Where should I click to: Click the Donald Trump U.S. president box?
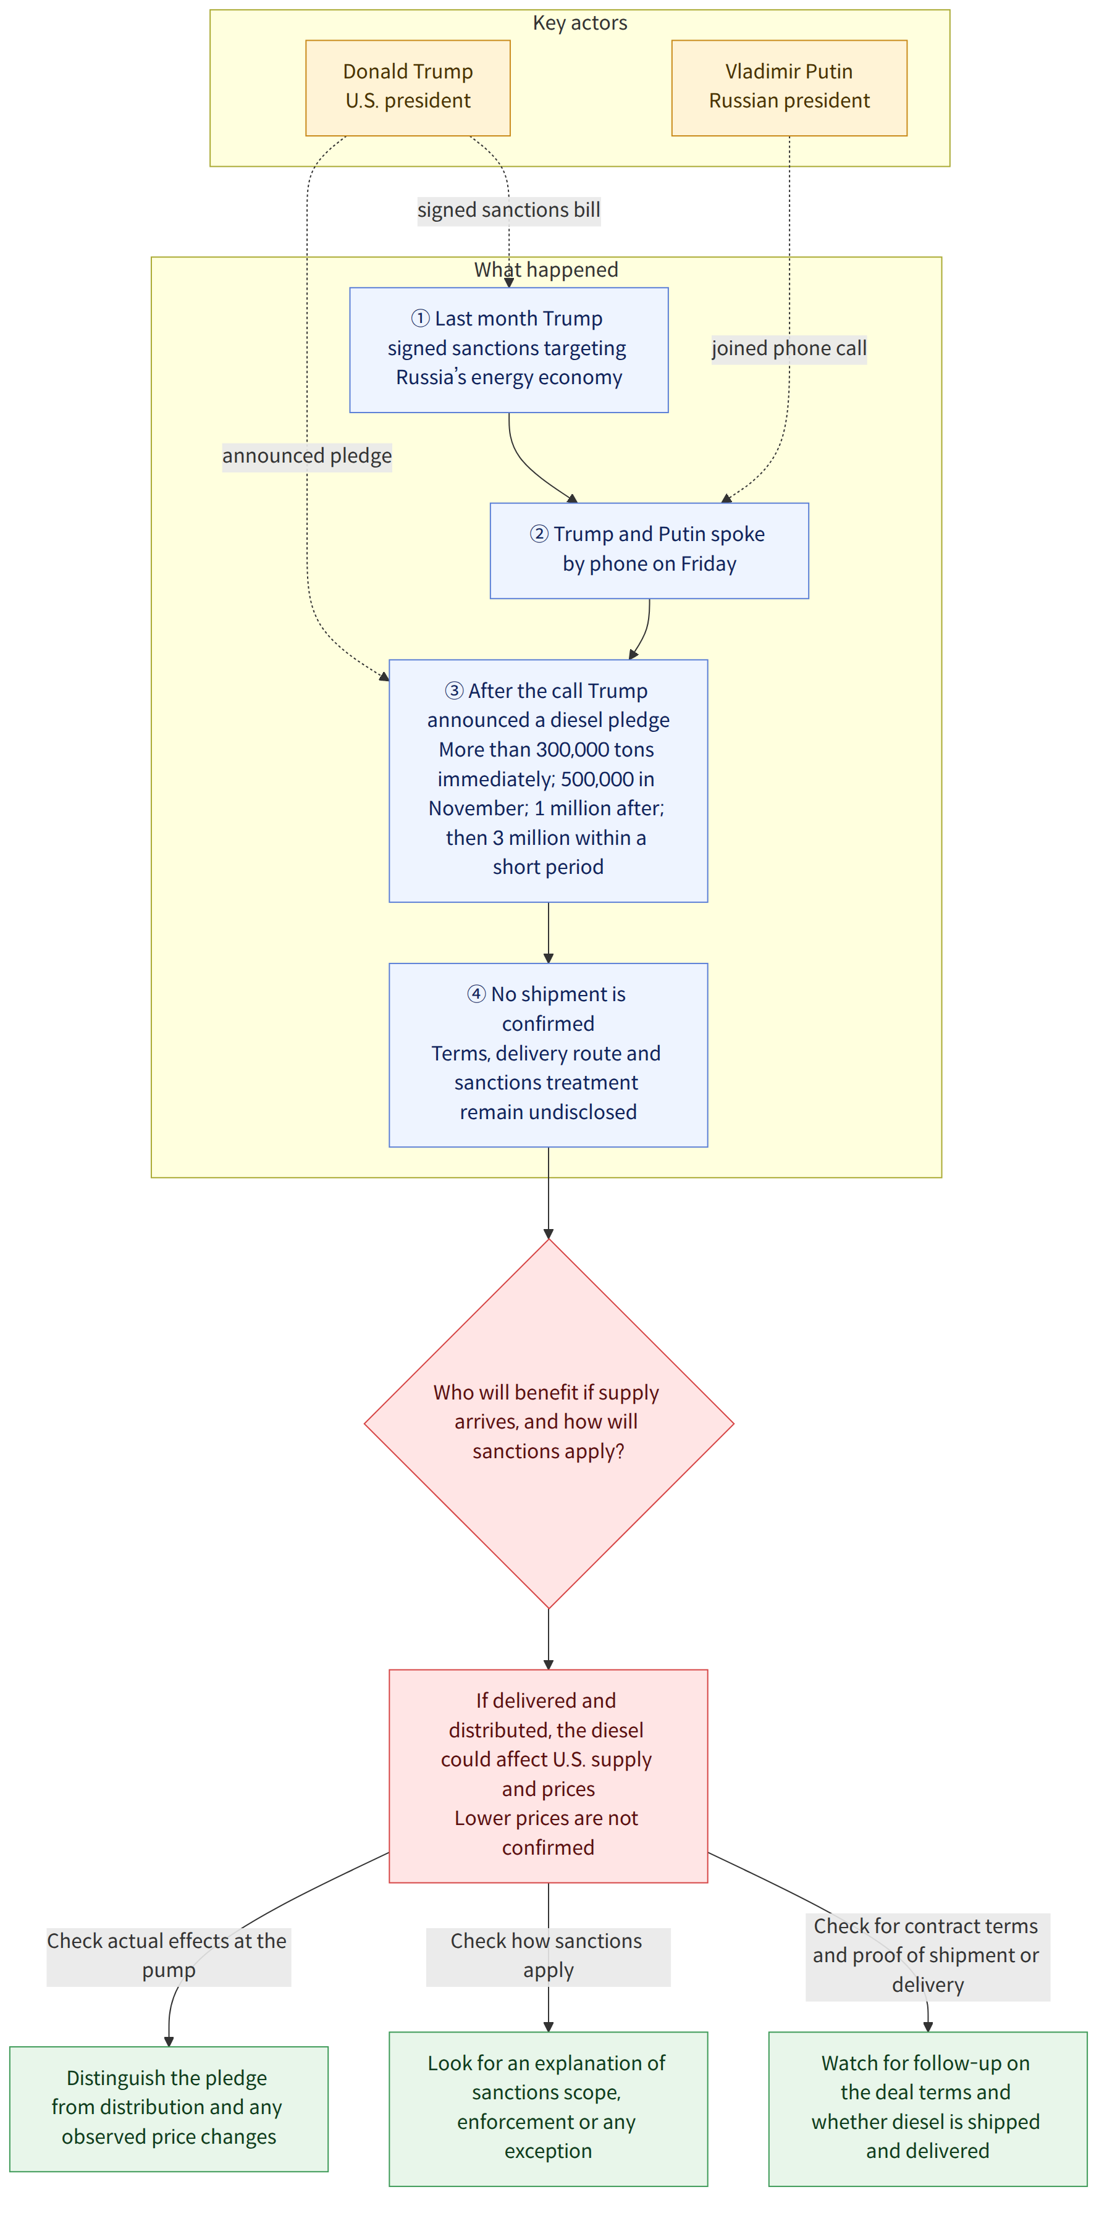tap(408, 88)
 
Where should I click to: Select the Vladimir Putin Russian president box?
tap(789, 88)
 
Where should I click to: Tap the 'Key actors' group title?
tap(579, 23)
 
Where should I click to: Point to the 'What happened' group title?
tap(546, 269)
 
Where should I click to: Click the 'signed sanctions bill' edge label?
tap(509, 210)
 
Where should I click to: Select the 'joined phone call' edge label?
tap(789, 348)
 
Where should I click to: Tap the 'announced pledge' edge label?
tap(307, 456)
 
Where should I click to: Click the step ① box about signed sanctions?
tap(509, 350)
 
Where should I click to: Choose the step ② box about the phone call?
tap(649, 550)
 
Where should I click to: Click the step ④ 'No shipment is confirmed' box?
tap(549, 1055)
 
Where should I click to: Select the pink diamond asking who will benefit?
tap(549, 1424)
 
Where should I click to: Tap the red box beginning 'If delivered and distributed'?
tap(549, 1776)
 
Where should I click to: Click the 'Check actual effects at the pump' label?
tap(169, 1956)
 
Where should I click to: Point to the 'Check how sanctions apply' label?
tap(548, 1956)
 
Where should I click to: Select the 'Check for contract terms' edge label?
tap(927, 1956)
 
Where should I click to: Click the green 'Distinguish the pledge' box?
tap(169, 2109)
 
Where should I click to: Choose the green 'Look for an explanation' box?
tap(549, 2109)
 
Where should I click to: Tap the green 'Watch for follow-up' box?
tap(927, 2109)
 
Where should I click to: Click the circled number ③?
tap(454, 690)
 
